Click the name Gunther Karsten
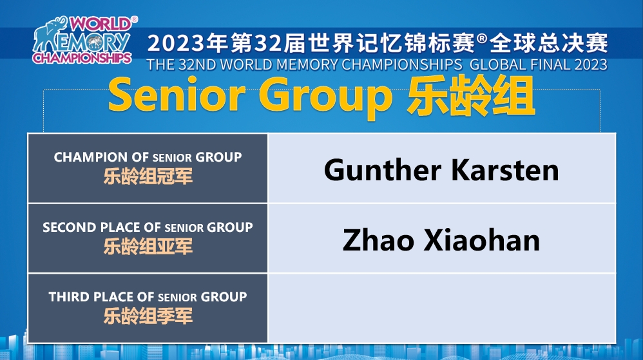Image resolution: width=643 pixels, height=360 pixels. pyautogui.click(x=441, y=170)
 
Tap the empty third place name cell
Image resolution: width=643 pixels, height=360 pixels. pyautogui.click(x=441, y=308)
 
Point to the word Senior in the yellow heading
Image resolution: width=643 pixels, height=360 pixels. pyautogui.click(x=177, y=95)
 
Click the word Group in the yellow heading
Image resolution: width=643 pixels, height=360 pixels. pyautogui.click(x=325, y=98)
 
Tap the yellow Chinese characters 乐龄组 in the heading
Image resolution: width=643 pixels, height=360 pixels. pyautogui.click(x=471, y=97)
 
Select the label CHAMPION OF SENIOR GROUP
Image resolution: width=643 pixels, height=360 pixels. pyautogui.click(x=148, y=157)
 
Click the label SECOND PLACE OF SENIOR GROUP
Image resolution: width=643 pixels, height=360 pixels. pyautogui.click(x=148, y=227)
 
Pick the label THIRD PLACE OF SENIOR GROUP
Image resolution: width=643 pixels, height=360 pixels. pyautogui.click(x=148, y=297)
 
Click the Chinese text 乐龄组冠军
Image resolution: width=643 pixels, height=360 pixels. pyautogui.click(x=148, y=176)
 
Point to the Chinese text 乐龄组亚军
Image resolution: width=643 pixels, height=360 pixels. pyautogui.click(x=148, y=247)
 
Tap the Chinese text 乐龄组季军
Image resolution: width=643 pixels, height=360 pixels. pyautogui.click(x=148, y=316)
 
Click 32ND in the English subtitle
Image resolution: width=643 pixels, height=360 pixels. pyautogui.click(x=197, y=65)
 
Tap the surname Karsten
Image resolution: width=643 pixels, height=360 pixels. pyautogui.click(x=505, y=170)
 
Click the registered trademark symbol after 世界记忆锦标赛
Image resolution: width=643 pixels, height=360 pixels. pyautogui.click(x=482, y=39)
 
